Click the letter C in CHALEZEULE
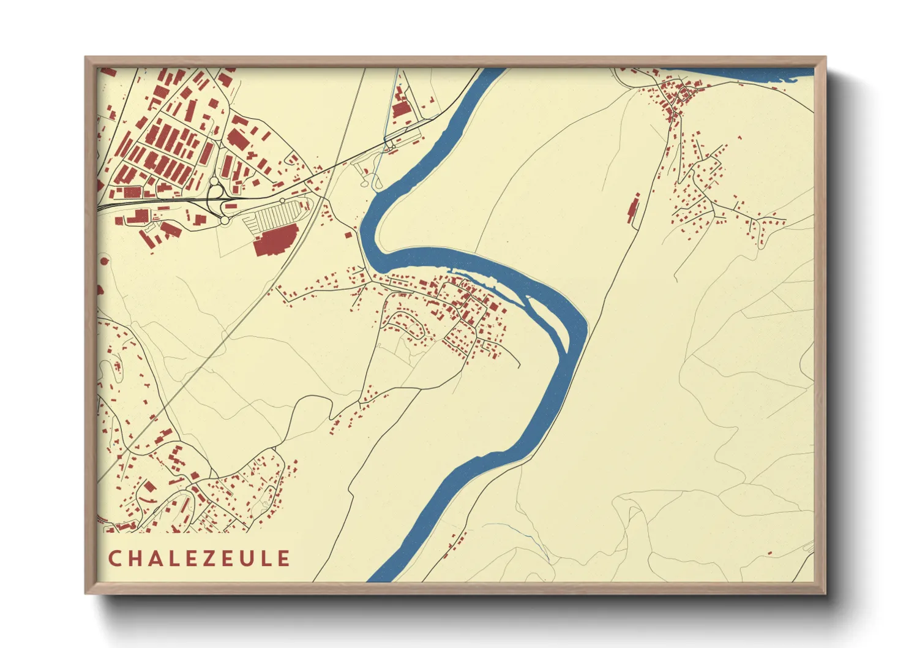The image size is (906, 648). (x=114, y=559)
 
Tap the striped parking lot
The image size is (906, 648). (x=273, y=215)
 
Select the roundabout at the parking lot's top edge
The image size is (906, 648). (x=283, y=201)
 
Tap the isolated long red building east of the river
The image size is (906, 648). (x=633, y=208)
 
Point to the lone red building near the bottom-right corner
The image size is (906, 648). (x=769, y=554)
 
